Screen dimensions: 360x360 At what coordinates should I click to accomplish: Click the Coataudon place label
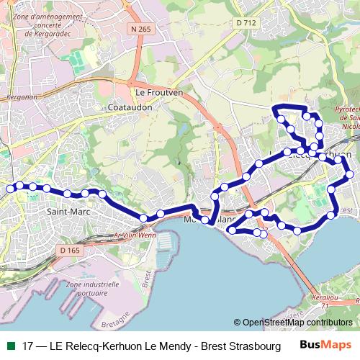127,107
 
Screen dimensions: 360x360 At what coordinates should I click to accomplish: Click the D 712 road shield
247,24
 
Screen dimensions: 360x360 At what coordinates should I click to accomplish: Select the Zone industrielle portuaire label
91,289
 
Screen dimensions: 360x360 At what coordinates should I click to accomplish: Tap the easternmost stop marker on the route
350,174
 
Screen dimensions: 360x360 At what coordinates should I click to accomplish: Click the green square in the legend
10,345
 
